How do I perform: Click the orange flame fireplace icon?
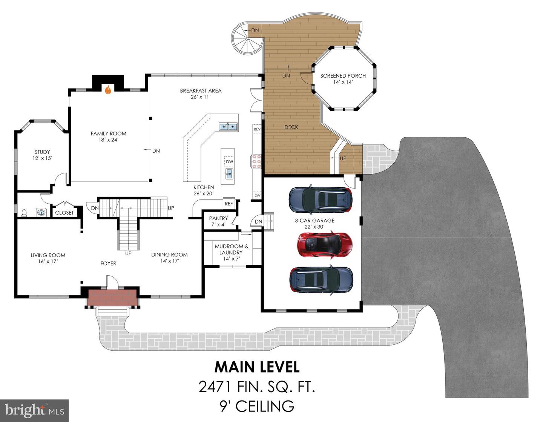point(108,90)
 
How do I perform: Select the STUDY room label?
point(42,152)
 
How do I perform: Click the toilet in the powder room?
point(24,213)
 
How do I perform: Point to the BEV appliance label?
point(257,129)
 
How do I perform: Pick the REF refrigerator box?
point(229,204)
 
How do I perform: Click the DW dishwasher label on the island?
point(229,162)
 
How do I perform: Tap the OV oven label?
point(258,195)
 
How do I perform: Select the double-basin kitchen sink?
point(228,127)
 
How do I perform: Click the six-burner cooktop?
point(256,161)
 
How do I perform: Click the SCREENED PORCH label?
point(343,76)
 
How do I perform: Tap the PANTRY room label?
point(218,218)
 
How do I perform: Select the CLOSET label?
point(64,213)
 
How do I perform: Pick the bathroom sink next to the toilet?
point(41,213)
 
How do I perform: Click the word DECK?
point(291,127)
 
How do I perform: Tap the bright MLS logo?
point(34,411)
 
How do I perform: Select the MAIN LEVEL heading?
point(257,367)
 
